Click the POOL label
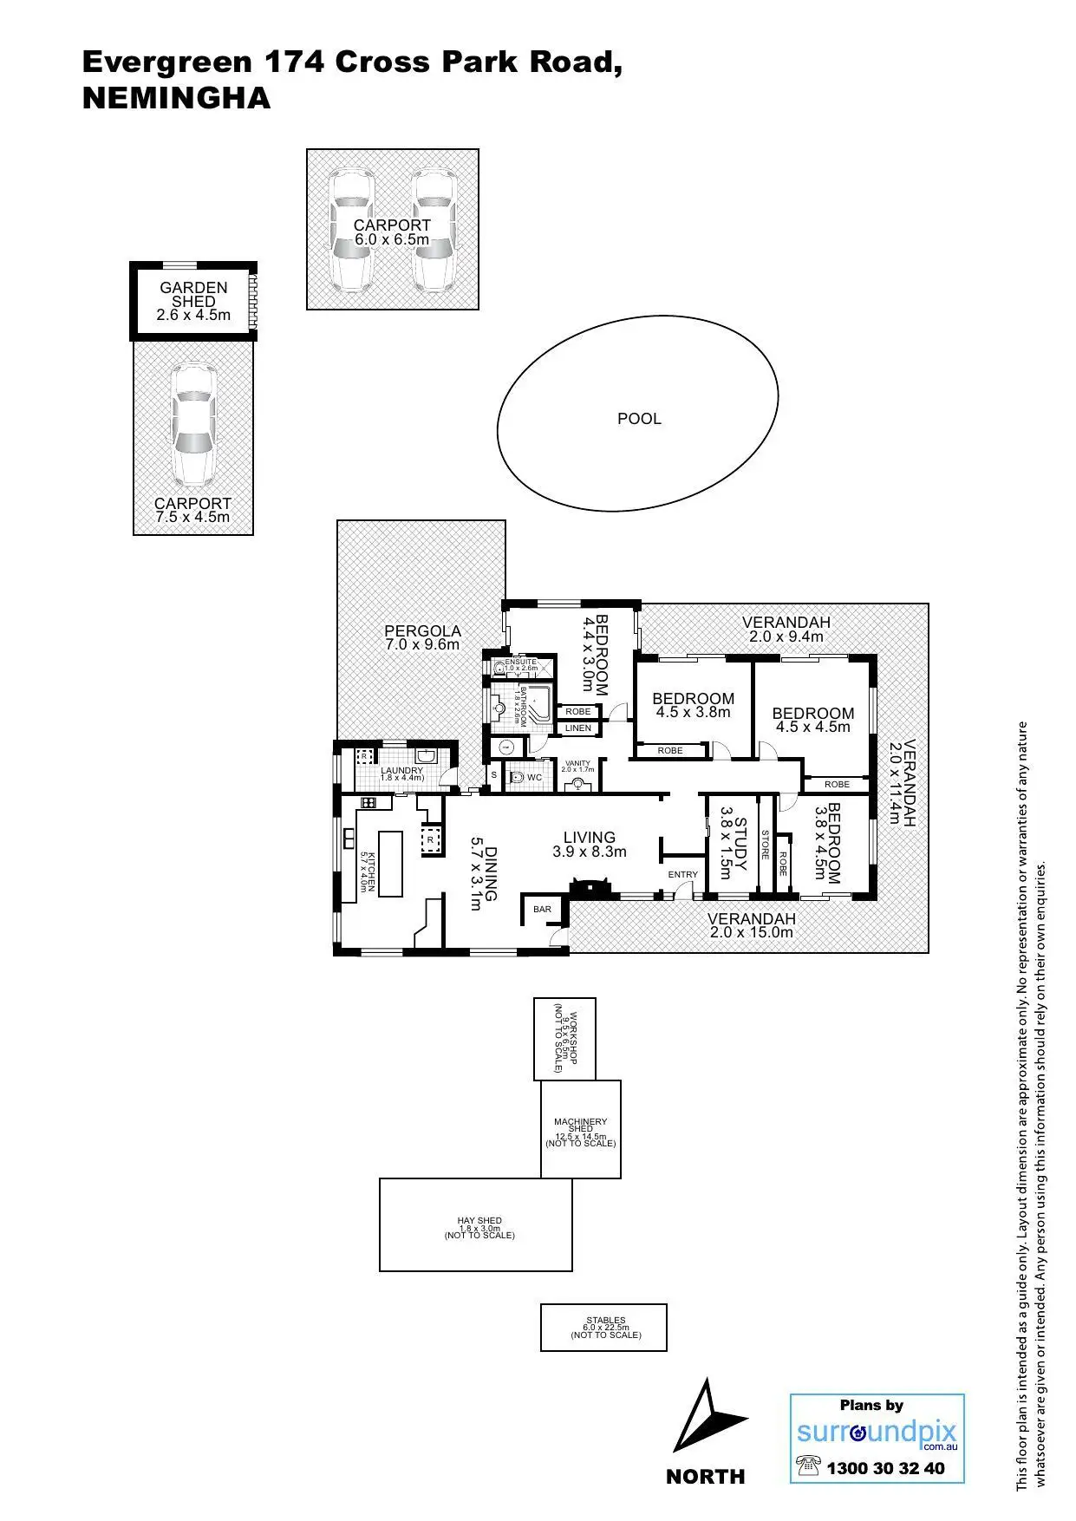pyautogui.click(x=639, y=419)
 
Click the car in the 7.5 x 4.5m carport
pyautogui.click(x=192, y=425)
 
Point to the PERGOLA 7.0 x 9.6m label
pyautogui.click(x=422, y=637)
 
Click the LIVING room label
pyautogui.click(x=590, y=844)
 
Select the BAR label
pyautogui.click(x=542, y=910)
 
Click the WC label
pyautogui.click(x=534, y=778)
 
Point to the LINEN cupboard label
pyautogui.click(x=578, y=728)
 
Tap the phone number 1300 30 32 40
pyautogui.click(x=885, y=1468)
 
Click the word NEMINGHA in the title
pyautogui.click(x=176, y=98)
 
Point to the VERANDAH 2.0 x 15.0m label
pyautogui.click(x=751, y=926)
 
